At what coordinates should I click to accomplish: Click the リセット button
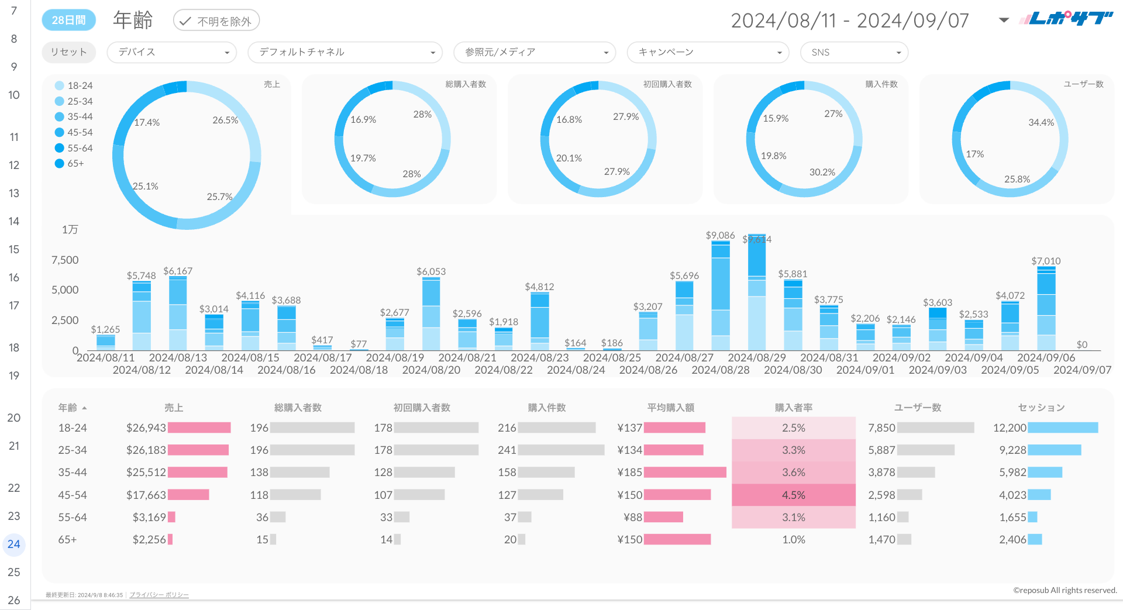click(68, 52)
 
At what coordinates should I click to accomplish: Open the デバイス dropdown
click(171, 52)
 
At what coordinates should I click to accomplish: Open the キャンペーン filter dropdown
click(708, 52)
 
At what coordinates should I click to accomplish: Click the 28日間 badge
click(68, 20)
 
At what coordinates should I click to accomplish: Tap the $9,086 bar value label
click(720, 235)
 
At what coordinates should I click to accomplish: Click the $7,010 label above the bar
click(1046, 261)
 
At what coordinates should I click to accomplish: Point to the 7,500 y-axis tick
click(65, 260)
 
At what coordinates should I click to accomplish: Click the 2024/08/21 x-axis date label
click(467, 357)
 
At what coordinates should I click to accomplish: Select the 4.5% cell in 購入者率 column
click(794, 495)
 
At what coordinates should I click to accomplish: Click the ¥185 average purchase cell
click(630, 472)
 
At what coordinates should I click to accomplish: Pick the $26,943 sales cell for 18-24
click(146, 428)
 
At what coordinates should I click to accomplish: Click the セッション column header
click(1041, 408)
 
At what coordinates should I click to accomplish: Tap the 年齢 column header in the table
click(68, 408)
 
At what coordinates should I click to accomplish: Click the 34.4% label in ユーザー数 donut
click(1041, 122)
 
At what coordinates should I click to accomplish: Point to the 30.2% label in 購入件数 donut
click(822, 172)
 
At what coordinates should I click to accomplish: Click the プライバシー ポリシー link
click(159, 595)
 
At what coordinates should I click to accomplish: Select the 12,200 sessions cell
click(1010, 428)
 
